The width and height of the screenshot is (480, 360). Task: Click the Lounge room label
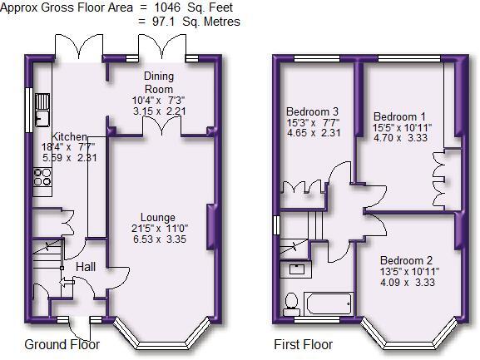(157, 218)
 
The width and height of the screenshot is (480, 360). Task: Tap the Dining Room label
(158, 83)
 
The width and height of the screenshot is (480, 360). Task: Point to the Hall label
(87, 267)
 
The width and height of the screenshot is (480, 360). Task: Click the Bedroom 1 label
(399, 116)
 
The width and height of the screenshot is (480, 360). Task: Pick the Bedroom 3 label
(312, 111)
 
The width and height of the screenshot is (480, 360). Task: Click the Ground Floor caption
(62, 345)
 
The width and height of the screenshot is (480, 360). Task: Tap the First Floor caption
(303, 345)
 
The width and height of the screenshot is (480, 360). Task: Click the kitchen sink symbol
(42, 102)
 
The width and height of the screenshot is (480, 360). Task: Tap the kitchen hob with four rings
(42, 177)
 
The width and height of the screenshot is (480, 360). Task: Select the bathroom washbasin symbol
(297, 269)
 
